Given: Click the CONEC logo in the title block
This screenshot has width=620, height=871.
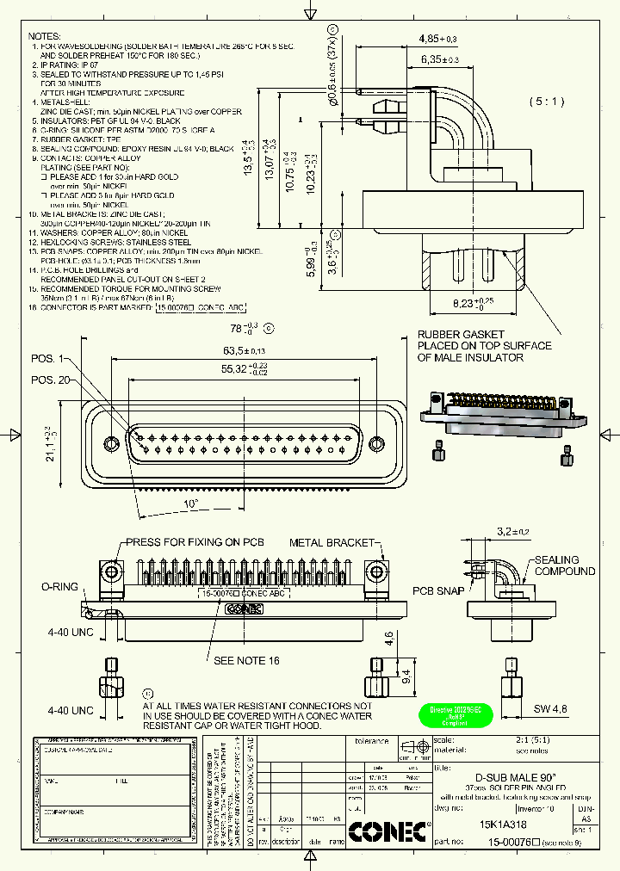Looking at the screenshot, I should (x=387, y=831).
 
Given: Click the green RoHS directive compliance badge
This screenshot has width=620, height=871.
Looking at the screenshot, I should (x=455, y=716).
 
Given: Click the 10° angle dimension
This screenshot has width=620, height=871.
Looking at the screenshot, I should (x=190, y=503).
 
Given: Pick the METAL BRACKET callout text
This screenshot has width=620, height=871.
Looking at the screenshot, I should (x=332, y=543).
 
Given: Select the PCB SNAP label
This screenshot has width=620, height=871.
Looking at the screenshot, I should (x=436, y=591).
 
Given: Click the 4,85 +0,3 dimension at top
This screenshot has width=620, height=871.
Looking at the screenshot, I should (x=437, y=40).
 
